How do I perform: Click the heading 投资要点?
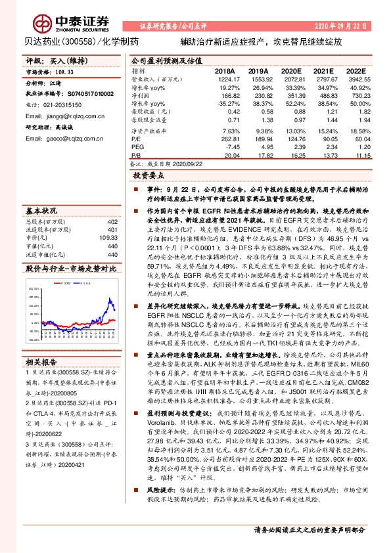pos(147,177)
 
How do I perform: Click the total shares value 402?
pos(112,223)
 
